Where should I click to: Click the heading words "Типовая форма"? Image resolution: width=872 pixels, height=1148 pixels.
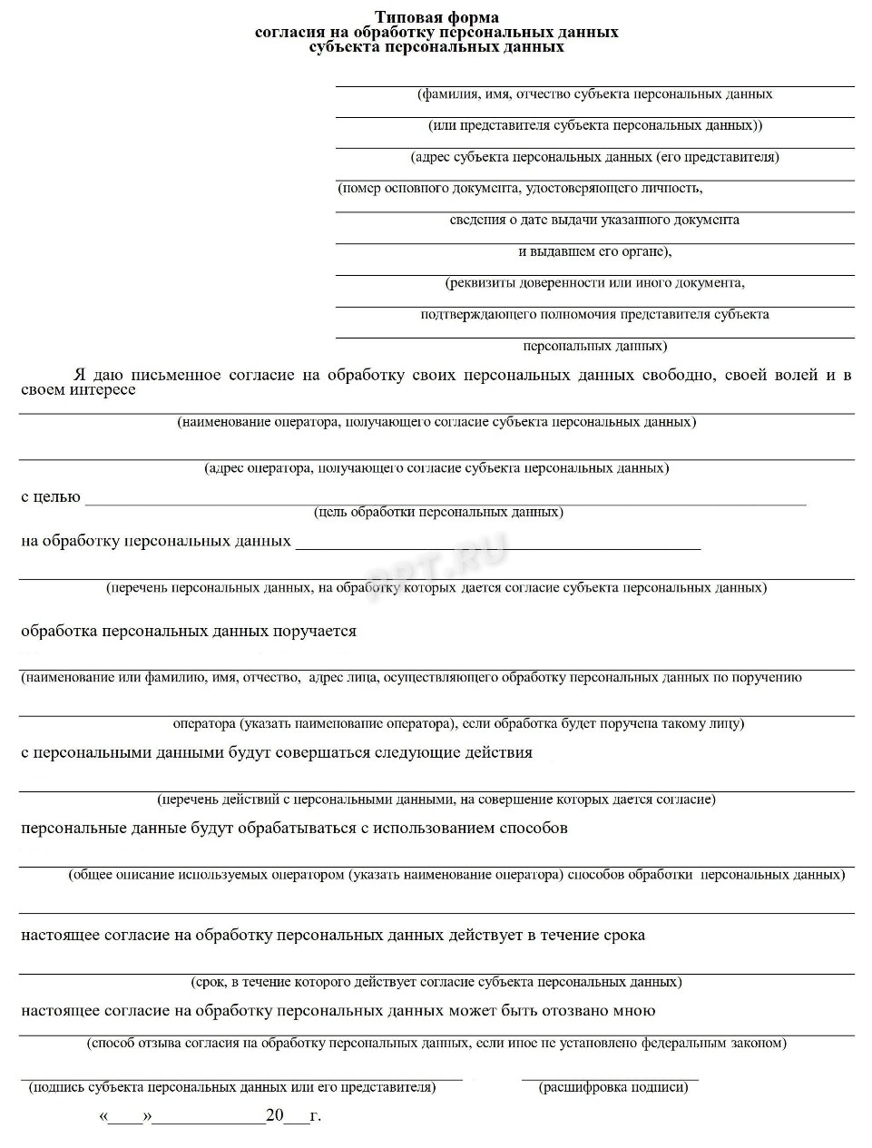coord(436,17)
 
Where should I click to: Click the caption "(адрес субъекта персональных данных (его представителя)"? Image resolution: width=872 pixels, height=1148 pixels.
coord(594,157)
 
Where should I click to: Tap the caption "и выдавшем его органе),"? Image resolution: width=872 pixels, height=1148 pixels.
coord(594,251)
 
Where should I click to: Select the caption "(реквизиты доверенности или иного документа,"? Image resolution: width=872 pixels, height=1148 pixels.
coord(594,283)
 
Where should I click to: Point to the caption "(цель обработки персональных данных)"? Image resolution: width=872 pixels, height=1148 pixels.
coord(438,512)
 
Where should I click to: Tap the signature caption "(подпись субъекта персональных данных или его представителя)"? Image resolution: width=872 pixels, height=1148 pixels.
coord(232,1086)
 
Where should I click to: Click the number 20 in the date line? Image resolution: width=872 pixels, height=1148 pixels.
coord(275,1115)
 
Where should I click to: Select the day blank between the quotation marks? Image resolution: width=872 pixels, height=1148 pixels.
coord(126,1117)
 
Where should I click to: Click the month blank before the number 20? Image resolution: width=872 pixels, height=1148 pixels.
coord(210,1117)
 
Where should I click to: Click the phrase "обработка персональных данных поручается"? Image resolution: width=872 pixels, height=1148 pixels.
coord(189,631)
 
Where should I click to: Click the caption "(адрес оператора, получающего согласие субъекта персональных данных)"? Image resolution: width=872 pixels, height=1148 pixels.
coord(436,468)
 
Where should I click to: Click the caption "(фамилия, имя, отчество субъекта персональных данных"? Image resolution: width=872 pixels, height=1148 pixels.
coord(594,93)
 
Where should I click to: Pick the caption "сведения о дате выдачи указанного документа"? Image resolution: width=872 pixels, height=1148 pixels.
coord(594,220)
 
